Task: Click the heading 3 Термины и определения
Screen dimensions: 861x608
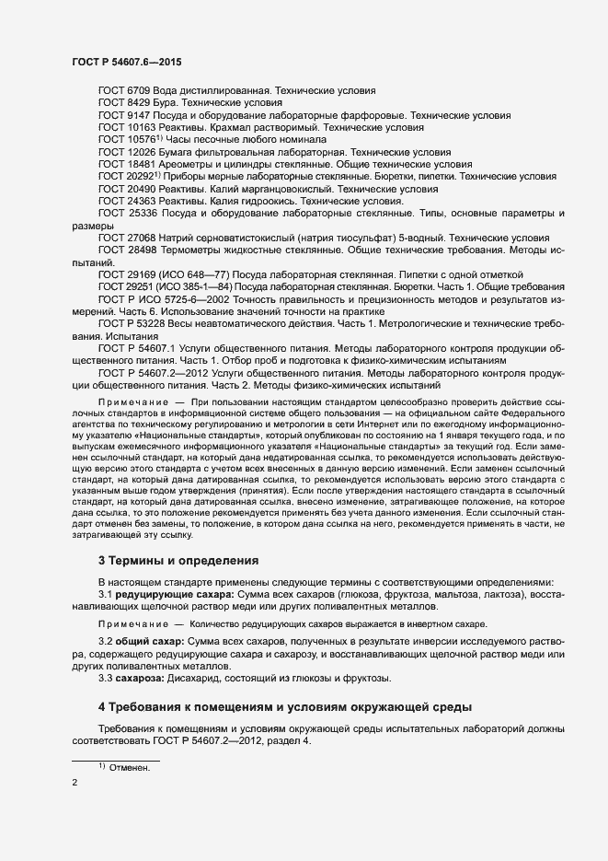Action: pos(172,561)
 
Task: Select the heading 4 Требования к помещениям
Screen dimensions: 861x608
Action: pos(285,707)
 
